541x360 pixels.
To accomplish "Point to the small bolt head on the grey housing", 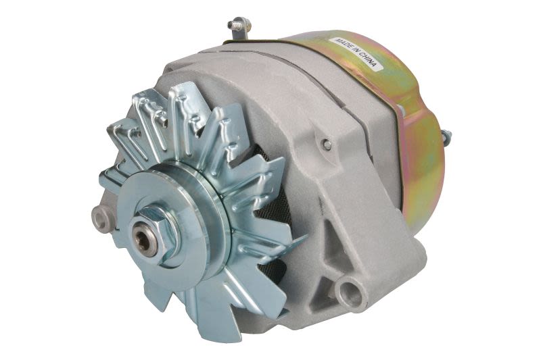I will [x=327, y=144].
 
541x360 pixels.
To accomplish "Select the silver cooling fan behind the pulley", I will [x=223, y=135].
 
